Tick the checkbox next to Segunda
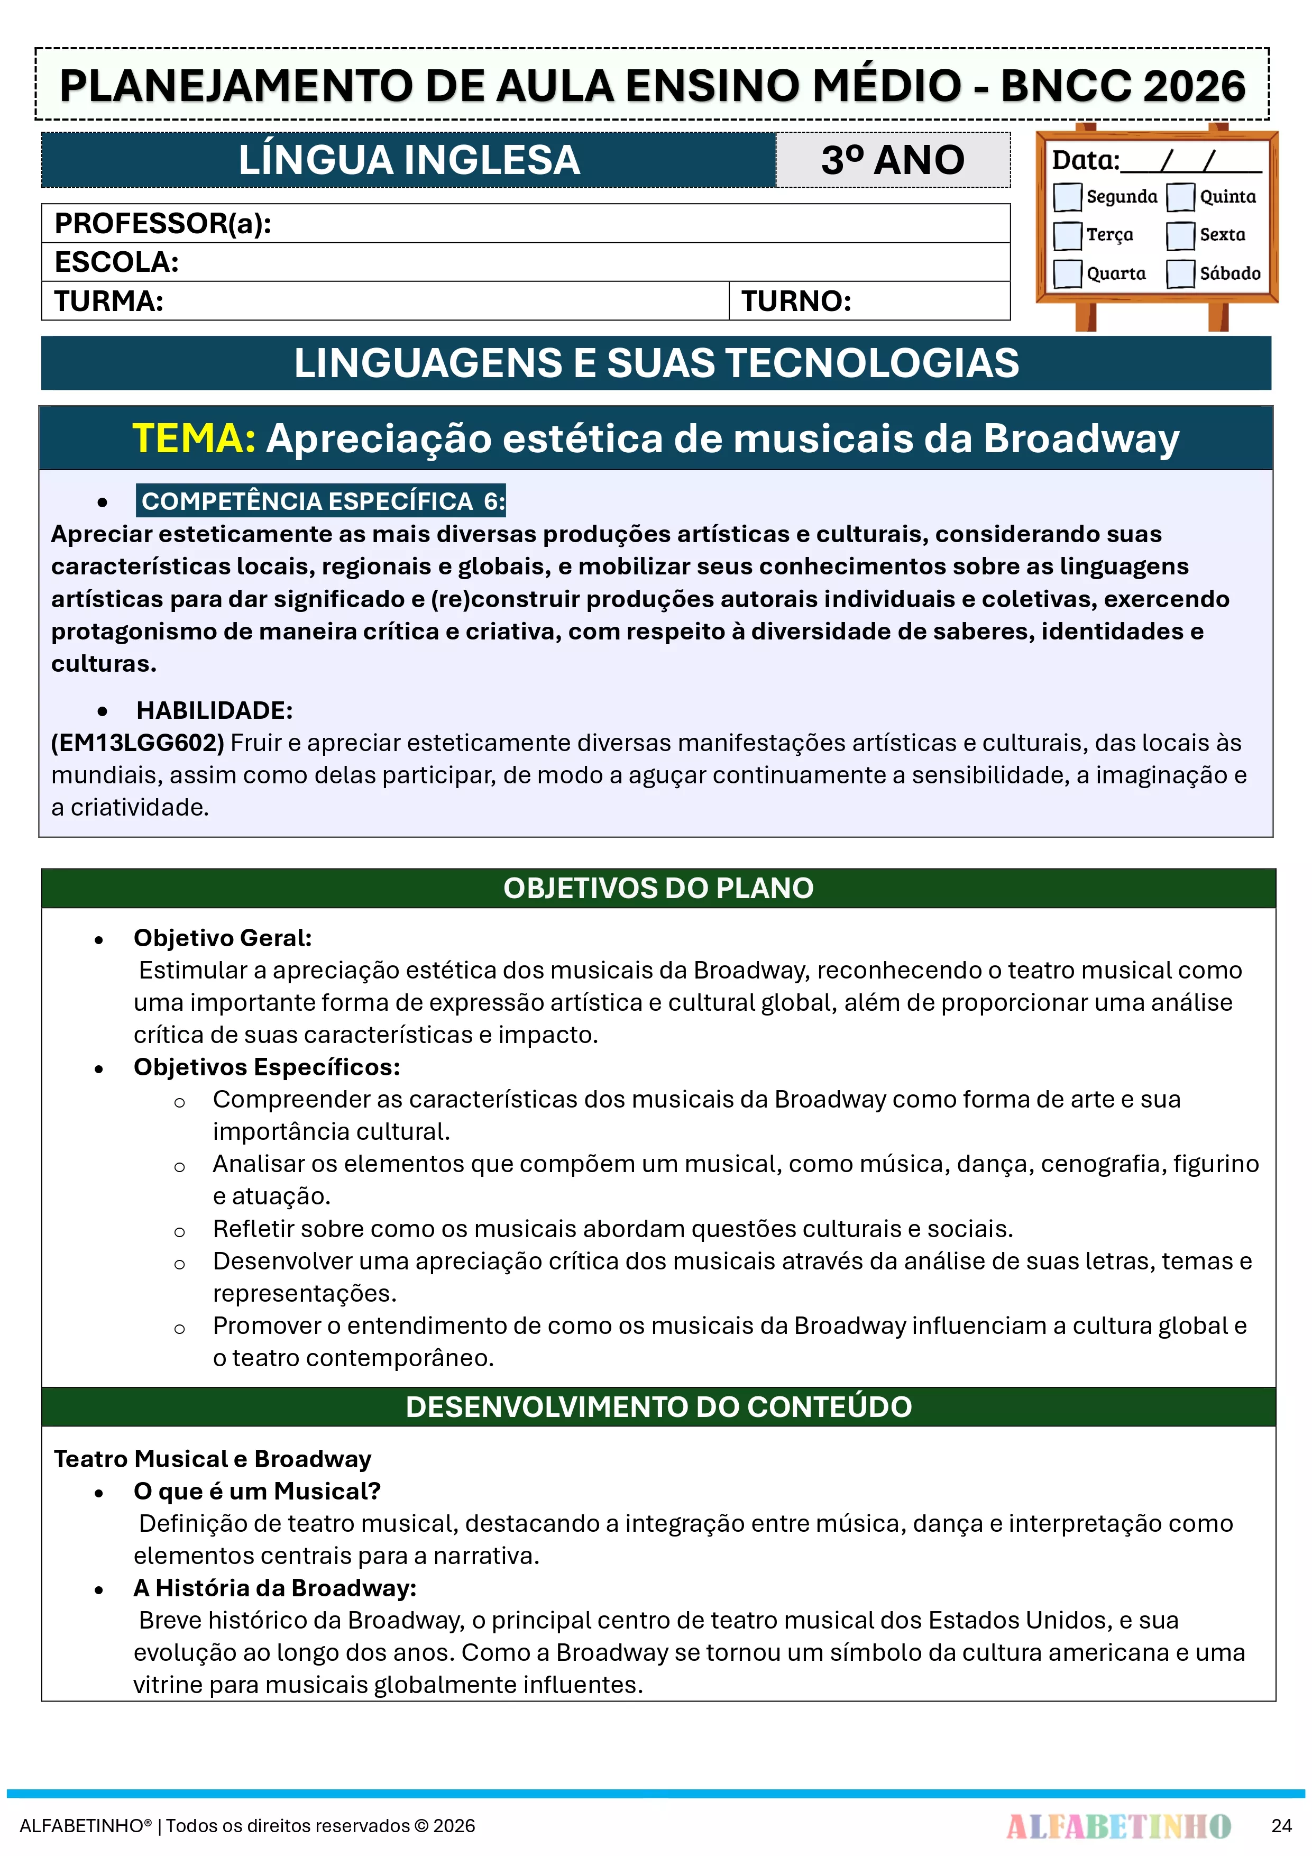1067,196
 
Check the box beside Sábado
1180,273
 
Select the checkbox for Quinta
1180,196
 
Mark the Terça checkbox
1067,235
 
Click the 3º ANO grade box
893,160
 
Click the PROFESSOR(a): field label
162,224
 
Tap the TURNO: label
796,301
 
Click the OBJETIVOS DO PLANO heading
658,889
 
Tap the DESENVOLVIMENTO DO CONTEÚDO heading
658,1407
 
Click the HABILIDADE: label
214,710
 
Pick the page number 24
1281,1826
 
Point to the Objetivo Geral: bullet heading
222,938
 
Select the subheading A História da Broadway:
275,1588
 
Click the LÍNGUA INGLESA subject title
409,160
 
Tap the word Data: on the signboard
1085,160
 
